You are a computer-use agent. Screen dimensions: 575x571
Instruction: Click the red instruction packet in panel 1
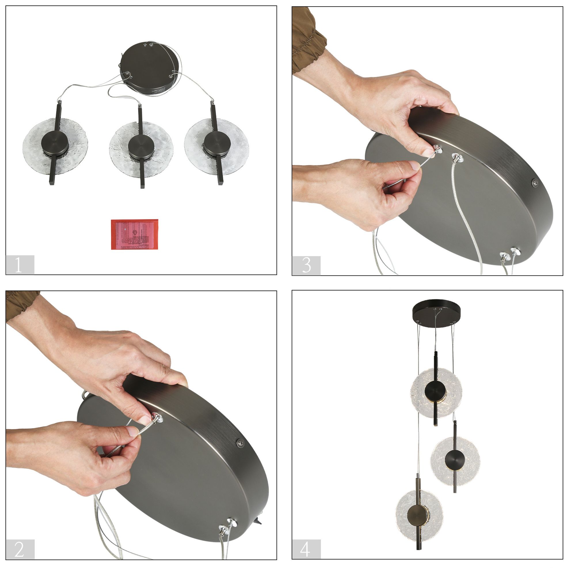[134, 234]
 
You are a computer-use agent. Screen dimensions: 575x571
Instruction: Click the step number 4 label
[306, 549]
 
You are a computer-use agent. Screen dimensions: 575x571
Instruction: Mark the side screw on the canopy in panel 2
[240, 442]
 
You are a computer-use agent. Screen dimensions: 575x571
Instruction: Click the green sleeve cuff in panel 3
[307, 42]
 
